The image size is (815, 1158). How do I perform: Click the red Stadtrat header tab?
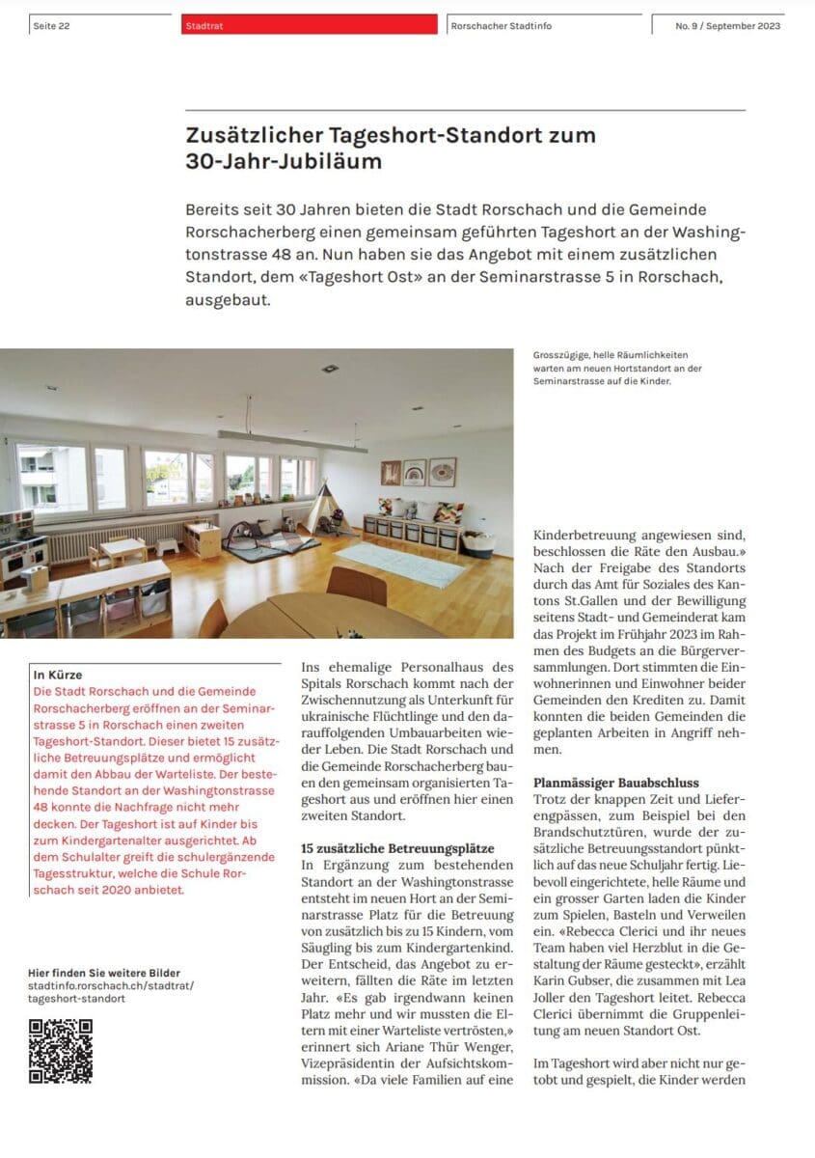pos(309,25)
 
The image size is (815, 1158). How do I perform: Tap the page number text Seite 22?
pos(50,26)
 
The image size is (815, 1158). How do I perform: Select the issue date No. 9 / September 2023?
pos(727,26)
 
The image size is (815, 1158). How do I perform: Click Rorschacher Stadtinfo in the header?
pos(501,26)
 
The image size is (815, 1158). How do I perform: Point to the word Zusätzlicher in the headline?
pos(252,136)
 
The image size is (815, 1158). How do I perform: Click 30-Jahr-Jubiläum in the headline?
pos(284,161)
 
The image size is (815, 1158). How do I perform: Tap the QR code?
pos(61,1051)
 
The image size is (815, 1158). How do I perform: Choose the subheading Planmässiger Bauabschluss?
pos(616,783)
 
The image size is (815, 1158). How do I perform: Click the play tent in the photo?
pos(330,509)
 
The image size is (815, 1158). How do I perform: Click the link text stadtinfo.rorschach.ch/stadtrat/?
pos(111,985)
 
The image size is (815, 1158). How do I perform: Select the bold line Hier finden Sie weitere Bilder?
pos(104,973)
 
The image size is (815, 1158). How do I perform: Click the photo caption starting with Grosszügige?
pos(617,368)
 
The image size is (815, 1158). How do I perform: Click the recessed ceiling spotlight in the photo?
pos(330,369)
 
